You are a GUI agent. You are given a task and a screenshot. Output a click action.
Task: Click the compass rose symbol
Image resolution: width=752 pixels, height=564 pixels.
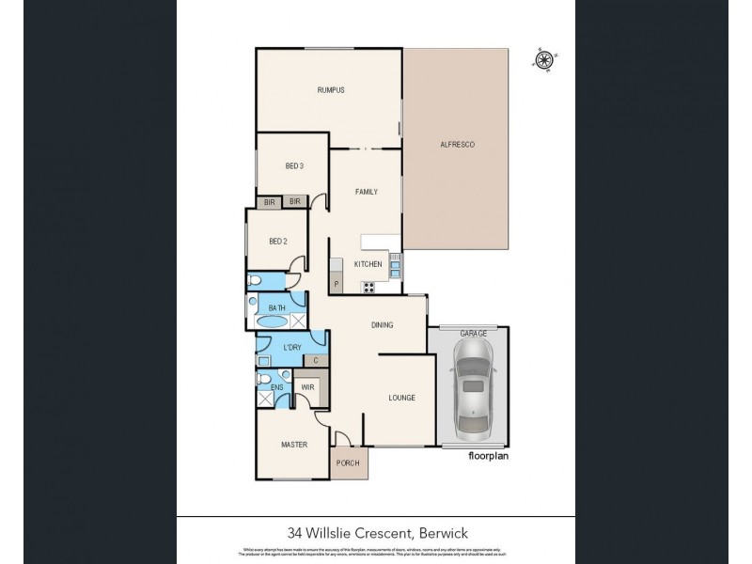click(x=543, y=59)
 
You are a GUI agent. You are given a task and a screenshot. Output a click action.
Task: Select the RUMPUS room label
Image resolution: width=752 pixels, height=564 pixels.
click(x=330, y=90)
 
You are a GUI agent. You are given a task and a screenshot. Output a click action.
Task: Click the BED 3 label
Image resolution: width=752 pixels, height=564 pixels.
click(x=294, y=166)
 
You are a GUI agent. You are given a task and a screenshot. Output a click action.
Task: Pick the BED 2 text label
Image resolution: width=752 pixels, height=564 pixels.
click(x=277, y=242)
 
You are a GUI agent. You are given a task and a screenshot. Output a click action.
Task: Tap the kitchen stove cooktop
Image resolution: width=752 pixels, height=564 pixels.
click(x=368, y=287)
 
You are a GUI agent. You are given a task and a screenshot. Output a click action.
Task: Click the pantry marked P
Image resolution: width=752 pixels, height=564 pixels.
click(x=336, y=284)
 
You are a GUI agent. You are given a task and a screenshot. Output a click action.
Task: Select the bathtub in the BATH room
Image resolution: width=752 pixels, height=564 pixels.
click(x=274, y=321)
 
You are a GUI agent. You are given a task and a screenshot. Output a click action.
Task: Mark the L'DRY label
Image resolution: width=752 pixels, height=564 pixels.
click(x=291, y=347)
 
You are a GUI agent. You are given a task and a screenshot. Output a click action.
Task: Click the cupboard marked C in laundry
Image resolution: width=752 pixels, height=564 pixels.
click(x=316, y=360)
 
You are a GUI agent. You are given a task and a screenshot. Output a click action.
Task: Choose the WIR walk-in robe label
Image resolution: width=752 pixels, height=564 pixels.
click(x=306, y=386)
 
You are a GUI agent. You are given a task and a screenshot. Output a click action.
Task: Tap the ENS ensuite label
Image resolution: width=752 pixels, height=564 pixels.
click(x=276, y=386)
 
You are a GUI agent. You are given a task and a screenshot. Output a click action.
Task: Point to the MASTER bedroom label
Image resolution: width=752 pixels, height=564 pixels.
click(x=294, y=445)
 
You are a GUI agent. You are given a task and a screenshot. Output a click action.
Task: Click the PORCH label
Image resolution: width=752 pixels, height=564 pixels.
click(x=350, y=463)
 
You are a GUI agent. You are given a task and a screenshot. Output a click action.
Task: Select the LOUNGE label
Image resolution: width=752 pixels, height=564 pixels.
click(x=401, y=398)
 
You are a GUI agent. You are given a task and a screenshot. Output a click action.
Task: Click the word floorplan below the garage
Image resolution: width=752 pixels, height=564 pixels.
click(x=490, y=456)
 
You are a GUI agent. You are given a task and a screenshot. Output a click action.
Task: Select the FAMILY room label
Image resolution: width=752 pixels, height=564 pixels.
click(x=366, y=192)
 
